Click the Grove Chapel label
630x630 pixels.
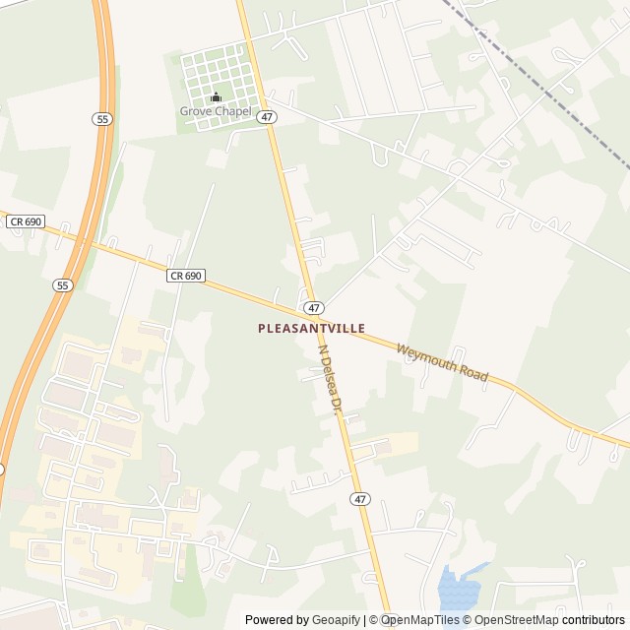coord(216,111)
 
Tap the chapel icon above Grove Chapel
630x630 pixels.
coord(216,96)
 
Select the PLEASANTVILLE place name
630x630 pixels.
coord(311,328)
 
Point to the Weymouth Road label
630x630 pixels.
coord(442,362)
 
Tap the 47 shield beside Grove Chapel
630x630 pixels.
coord(267,117)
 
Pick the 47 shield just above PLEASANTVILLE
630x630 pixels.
coord(313,308)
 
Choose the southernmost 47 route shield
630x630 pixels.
coord(360,499)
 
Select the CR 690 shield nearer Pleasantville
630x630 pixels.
coord(185,276)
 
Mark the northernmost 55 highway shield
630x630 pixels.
coord(102,118)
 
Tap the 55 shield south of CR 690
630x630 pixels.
coord(63,284)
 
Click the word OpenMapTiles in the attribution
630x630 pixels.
coord(422,620)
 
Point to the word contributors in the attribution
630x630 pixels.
coord(594,620)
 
